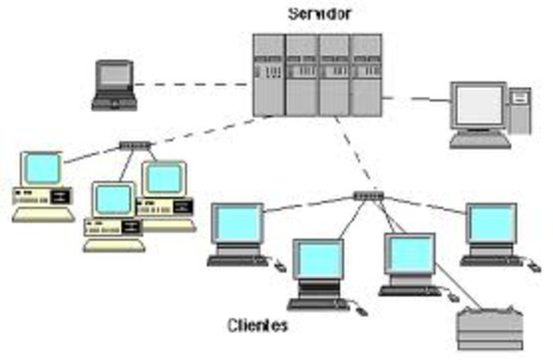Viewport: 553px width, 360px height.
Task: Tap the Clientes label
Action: point(257,325)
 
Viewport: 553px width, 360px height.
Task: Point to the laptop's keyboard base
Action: point(113,102)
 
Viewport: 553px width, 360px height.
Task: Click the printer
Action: point(489,328)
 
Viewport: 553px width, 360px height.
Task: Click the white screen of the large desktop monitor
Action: point(478,106)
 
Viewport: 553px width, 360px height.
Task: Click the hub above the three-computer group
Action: point(135,146)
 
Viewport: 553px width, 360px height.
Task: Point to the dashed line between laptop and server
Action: point(194,85)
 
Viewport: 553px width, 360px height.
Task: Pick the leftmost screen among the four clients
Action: point(237,224)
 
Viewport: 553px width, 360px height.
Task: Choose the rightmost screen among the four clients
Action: point(490,224)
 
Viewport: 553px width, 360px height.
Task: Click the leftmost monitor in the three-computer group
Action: point(41,167)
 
